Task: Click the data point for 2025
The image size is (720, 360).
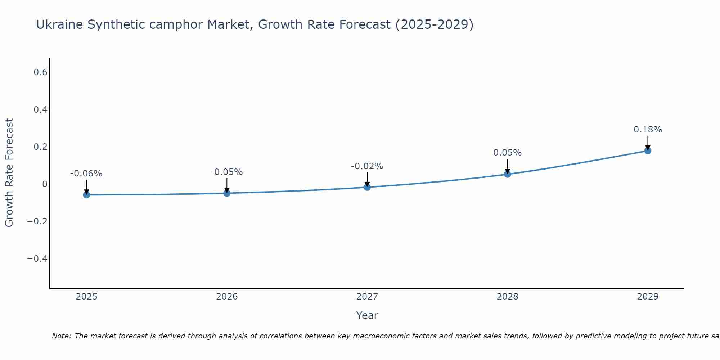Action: [x=86, y=195]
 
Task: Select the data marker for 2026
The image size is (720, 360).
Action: [x=227, y=193]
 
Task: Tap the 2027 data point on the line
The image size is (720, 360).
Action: [x=367, y=187]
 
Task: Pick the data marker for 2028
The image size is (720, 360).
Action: [x=508, y=174]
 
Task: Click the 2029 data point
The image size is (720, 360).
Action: [x=648, y=150]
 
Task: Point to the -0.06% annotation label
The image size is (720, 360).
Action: [x=86, y=174]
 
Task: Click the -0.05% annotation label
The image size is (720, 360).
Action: [x=227, y=172]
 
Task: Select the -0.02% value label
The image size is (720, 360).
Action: [x=367, y=166]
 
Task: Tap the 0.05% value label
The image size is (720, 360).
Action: [x=508, y=153]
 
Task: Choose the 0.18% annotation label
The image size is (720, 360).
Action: [x=648, y=130]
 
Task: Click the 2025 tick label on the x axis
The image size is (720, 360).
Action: [x=86, y=297]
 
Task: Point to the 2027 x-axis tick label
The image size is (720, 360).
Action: [x=367, y=297]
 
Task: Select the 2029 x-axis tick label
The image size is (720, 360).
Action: [x=648, y=297]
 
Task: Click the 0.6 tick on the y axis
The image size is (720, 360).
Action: [x=41, y=72]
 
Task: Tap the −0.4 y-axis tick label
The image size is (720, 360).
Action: [x=37, y=259]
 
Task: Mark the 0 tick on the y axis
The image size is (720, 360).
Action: [x=45, y=184]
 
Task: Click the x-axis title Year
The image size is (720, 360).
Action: [x=367, y=315]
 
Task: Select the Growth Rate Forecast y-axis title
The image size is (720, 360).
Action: [x=9, y=173]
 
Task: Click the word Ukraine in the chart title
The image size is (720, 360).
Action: [x=59, y=24]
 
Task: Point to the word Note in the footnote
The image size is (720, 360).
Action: [x=61, y=336]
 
